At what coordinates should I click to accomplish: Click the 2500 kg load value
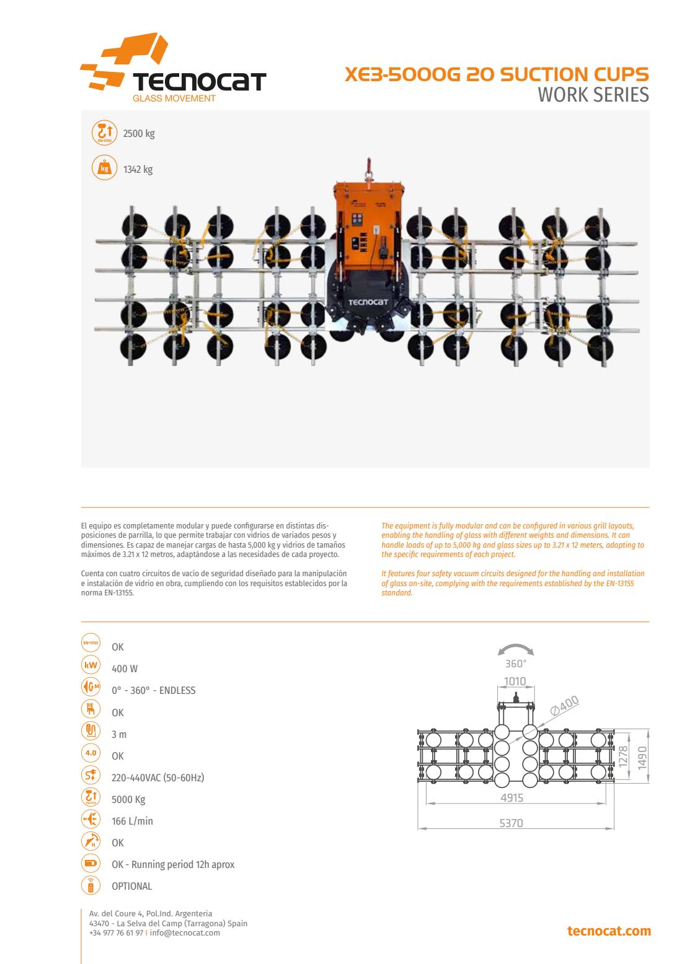(x=139, y=133)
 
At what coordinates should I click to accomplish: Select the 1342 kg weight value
(x=138, y=169)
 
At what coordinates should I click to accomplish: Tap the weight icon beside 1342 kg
(x=104, y=167)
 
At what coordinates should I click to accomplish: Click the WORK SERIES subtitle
(x=593, y=95)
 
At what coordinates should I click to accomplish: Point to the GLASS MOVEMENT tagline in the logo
(x=174, y=98)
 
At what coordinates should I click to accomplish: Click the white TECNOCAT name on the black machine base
(x=368, y=302)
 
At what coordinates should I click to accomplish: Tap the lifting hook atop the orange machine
(x=368, y=170)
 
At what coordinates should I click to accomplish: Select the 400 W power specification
(x=125, y=668)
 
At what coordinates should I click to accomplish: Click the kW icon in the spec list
(x=91, y=665)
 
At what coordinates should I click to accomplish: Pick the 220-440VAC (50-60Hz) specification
(x=157, y=778)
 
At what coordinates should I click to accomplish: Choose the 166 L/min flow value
(x=132, y=821)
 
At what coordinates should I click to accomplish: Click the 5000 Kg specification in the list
(x=128, y=799)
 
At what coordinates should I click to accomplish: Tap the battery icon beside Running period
(x=91, y=863)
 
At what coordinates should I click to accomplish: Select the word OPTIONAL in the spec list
(x=131, y=886)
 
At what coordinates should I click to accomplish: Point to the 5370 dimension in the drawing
(x=511, y=823)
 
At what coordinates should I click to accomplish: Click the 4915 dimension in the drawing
(x=512, y=797)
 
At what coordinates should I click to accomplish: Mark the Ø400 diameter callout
(x=564, y=706)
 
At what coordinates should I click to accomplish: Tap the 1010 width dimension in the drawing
(x=515, y=681)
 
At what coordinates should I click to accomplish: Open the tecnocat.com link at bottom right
(x=609, y=931)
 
